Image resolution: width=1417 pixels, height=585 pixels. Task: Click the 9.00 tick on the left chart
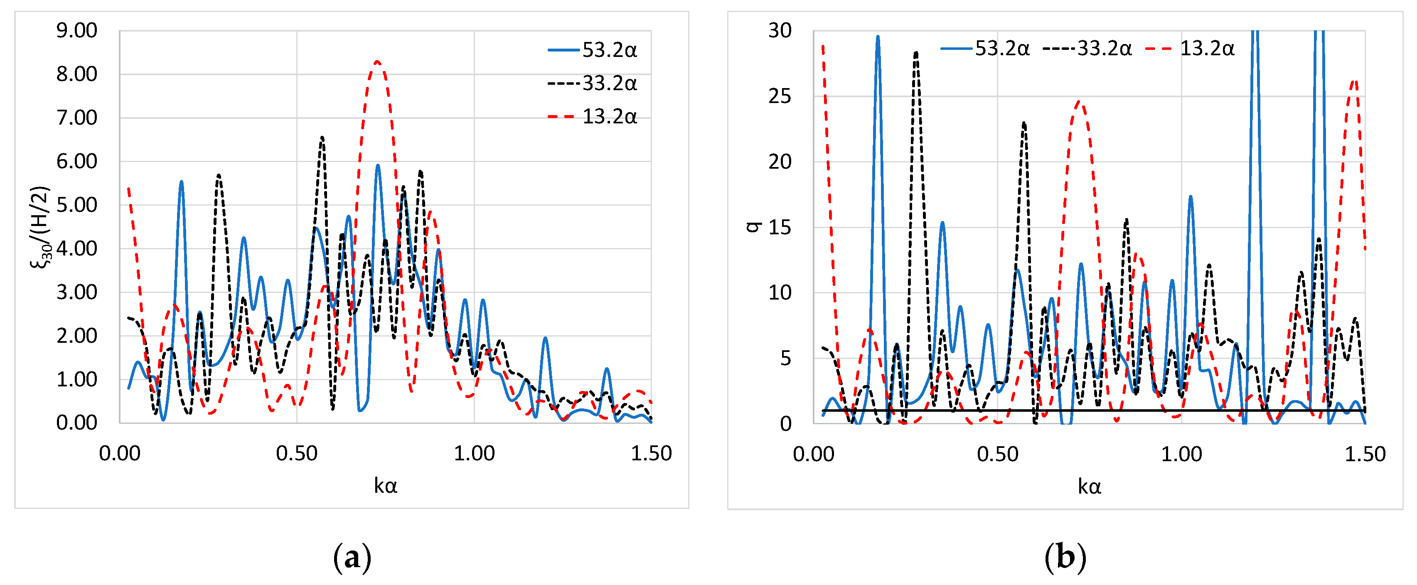[x=76, y=31]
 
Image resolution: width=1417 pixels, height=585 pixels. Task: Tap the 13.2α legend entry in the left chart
[x=593, y=117]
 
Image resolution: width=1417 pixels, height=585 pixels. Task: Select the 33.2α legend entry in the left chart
[x=593, y=84]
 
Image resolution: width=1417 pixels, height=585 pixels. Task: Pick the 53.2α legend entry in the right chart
[x=985, y=49]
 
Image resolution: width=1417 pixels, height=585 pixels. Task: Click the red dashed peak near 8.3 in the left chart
[x=377, y=61]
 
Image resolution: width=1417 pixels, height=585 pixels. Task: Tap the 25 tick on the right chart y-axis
[x=780, y=96]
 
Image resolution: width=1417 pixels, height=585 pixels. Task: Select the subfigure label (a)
[x=352, y=558]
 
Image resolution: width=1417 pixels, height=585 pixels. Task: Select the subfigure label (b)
[x=1065, y=558]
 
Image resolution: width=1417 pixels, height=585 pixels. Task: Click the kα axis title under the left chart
[x=385, y=486]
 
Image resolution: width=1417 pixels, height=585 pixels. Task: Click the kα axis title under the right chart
[x=1089, y=487]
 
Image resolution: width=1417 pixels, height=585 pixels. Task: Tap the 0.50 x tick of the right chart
[x=997, y=454]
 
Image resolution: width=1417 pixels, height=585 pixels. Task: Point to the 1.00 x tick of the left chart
[x=474, y=454]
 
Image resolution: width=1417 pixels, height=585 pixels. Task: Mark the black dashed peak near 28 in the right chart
[x=916, y=53]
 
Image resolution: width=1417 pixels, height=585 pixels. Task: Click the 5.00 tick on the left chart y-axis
[x=76, y=205]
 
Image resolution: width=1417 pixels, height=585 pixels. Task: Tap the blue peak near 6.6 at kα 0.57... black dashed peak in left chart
[x=322, y=138]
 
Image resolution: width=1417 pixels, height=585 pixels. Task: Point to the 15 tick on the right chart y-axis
[x=780, y=227]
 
